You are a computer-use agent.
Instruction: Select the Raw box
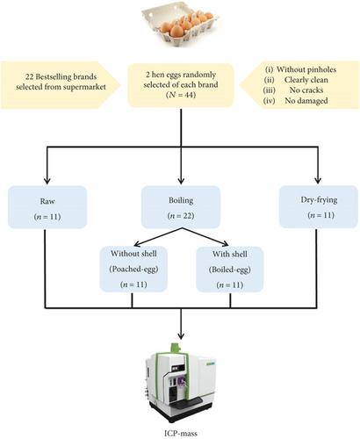coord(47,207)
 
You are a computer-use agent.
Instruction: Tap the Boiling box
coord(181,207)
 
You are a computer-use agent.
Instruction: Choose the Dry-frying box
coord(319,206)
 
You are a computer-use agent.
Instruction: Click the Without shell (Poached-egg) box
coord(133,269)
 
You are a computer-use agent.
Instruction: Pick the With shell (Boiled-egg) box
coord(230,270)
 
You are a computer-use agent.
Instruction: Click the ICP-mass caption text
coord(180,433)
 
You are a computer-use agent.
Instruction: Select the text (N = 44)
coord(181,95)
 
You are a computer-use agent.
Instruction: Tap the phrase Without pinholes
coord(306,69)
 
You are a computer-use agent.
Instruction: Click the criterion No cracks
coord(306,90)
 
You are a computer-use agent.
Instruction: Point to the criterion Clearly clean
coord(306,80)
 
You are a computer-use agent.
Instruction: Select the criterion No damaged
coord(306,100)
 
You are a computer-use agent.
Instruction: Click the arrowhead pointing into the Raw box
coord(47,181)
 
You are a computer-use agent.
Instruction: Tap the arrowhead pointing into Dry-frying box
coord(317,180)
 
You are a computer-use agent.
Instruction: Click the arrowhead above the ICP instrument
coord(181,334)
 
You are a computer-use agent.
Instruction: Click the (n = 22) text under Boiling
coord(181,216)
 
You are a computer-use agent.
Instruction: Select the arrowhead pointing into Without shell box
coord(137,244)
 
